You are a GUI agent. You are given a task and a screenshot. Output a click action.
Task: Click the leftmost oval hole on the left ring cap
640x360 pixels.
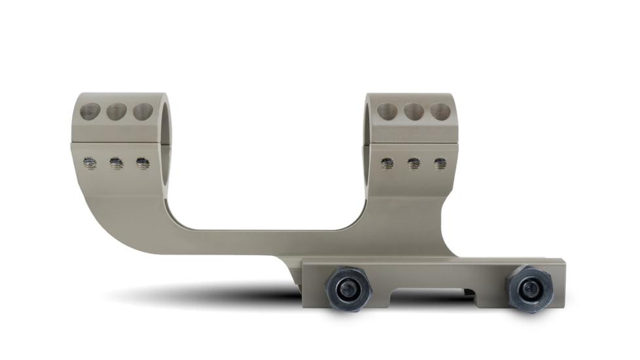[90, 111]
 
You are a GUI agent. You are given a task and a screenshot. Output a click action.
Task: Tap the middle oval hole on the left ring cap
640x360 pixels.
[116, 112]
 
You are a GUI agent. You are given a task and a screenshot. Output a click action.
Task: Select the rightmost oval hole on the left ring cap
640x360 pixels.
[143, 111]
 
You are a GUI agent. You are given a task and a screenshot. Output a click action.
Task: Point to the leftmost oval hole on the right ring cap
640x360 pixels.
[387, 111]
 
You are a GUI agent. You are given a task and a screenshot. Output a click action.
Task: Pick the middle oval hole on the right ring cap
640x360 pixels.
[414, 112]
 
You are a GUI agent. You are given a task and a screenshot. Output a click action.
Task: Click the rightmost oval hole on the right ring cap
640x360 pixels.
[440, 111]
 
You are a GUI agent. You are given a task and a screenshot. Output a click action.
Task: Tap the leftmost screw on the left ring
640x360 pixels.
[90, 163]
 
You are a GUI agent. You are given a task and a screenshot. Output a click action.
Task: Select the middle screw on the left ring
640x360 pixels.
[116, 163]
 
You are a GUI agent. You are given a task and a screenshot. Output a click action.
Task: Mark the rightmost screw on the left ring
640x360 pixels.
[143, 163]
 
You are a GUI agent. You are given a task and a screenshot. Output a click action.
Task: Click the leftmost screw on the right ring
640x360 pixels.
[387, 163]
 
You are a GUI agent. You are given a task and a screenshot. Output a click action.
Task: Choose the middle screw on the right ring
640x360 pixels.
[414, 163]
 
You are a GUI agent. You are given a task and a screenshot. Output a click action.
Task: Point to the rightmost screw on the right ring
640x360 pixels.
[440, 163]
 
